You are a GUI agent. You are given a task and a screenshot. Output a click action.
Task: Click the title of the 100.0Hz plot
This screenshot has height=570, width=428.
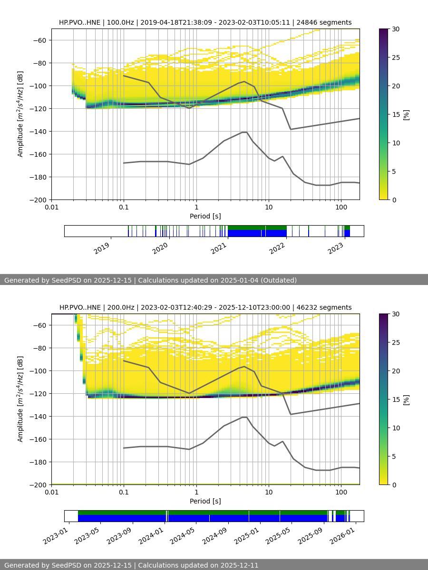tap(205, 22)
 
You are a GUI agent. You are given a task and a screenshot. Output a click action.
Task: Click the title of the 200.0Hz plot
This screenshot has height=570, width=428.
tap(205, 307)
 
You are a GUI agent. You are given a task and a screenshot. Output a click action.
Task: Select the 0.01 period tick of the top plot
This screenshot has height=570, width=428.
tap(51, 207)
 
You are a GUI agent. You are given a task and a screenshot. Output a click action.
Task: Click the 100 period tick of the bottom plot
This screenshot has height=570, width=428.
tap(341, 492)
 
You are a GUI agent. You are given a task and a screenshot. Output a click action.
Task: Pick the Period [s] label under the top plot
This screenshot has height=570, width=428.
tap(205, 216)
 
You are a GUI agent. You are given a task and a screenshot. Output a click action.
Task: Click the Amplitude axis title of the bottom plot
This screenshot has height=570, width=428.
tap(20, 399)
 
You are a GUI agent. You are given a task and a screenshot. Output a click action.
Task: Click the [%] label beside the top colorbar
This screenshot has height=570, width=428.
tap(407, 114)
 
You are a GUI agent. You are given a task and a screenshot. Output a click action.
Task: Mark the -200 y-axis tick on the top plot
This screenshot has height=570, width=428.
tap(39, 200)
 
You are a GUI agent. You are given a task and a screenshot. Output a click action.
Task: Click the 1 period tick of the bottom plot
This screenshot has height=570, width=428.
tap(196, 492)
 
